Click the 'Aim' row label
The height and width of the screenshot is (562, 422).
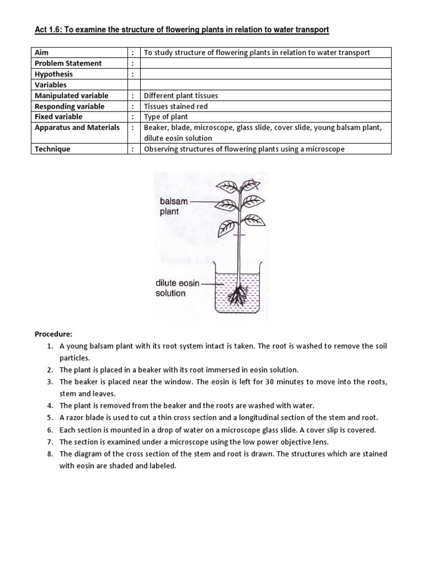(x=42, y=53)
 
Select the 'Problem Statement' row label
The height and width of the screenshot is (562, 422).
(x=68, y=64)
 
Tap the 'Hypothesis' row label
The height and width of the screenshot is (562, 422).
(x=53, y=74)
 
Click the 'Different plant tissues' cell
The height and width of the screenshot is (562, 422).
(x=180, y=95)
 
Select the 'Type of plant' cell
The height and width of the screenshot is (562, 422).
(x=165, y=117)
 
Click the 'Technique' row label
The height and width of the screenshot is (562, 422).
(x=52, y=149)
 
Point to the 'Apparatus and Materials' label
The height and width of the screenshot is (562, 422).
(x=77, y=127)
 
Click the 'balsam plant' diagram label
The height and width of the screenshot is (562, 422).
(x=174, y=206)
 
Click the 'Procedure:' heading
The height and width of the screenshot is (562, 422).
(x=54, y=334)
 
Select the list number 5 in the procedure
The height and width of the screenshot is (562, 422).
(x=49, y=418)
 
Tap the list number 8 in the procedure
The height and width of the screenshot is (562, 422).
(x=49, y=454)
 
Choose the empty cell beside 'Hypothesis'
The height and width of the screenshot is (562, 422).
(x=266, y=74)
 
